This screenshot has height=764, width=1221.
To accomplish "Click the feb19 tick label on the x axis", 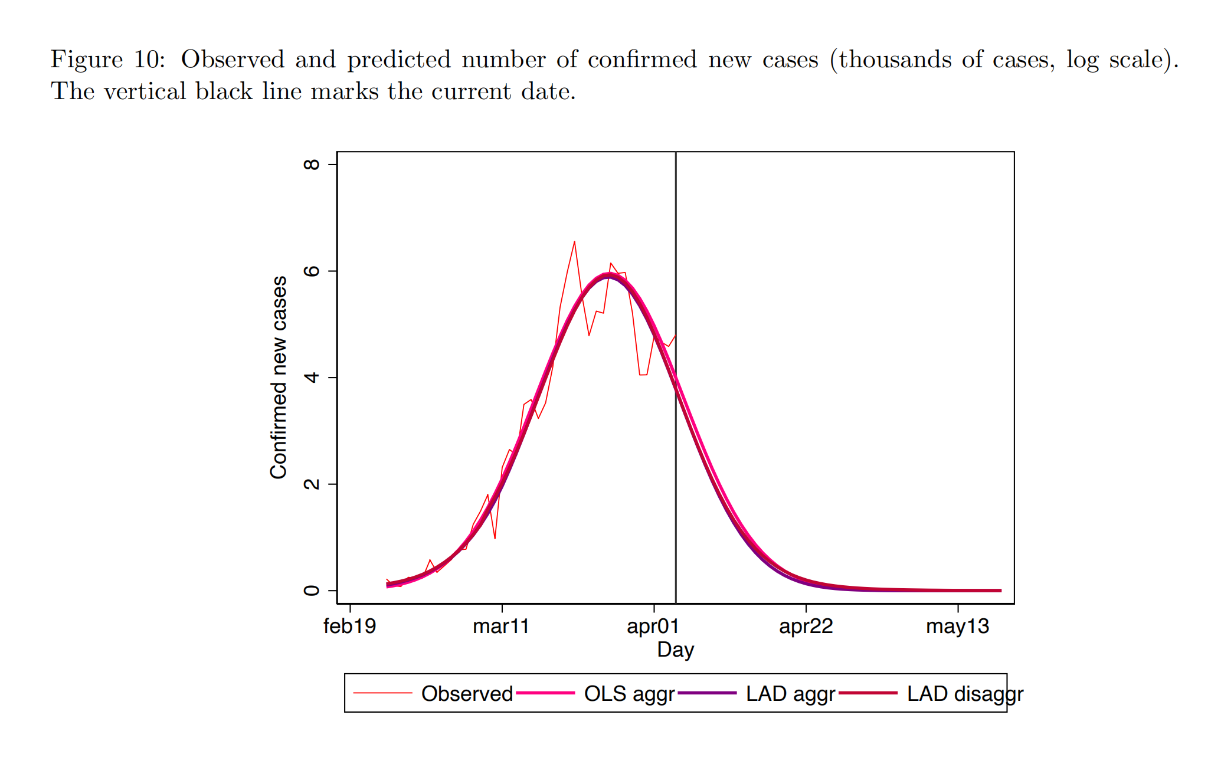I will pos(349,626).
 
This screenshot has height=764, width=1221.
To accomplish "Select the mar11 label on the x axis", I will pos(501,626).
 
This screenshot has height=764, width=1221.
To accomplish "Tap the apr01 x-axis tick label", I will pos(653,626).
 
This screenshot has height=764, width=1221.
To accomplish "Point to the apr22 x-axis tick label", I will pos(806,626).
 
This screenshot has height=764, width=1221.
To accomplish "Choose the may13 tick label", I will pos(957,626).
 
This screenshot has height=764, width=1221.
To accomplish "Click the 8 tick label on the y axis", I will pos(312,164).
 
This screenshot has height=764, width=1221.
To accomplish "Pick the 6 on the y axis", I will pos(312,271).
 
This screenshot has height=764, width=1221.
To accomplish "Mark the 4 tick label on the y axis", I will pos(312,378).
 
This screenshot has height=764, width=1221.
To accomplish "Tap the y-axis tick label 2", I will pos(312,484).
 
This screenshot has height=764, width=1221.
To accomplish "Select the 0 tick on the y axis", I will pos(312,591).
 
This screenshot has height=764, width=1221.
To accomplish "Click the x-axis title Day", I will pos(675,650).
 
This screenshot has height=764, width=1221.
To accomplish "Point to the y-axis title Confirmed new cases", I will pos(279,378).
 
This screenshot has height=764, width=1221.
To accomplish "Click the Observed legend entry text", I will pos(467,694).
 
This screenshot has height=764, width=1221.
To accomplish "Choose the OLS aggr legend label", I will pos(629,694).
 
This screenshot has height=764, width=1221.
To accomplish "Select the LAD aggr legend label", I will pos(790,694).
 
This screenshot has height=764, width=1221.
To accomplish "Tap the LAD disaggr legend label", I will pos(965,694).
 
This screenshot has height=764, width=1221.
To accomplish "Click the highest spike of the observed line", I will pos(574,242).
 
